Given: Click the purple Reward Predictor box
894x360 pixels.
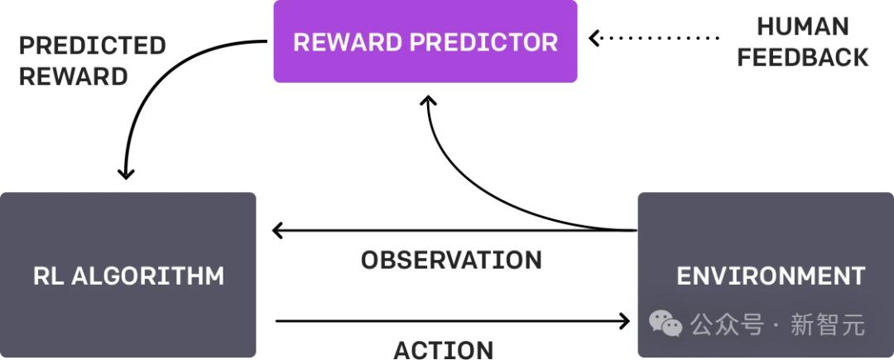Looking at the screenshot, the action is [x=425, y=41].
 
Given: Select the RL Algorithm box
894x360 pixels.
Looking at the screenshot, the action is [x=127, y=275].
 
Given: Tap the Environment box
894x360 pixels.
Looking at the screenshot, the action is [x=766, y=275].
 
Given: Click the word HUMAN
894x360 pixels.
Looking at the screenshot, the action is [x=803, y=26].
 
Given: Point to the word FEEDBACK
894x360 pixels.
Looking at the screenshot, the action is [x=803, y=58].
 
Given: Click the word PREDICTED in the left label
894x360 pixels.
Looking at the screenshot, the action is [x=93, y=46].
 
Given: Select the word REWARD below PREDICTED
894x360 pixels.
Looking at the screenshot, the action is [x=74, y=77].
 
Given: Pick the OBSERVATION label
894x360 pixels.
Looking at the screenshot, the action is [x=452, y=261].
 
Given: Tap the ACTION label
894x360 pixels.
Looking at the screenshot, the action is [x=444, y=350].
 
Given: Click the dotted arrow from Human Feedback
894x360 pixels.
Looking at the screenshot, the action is [x=654, y=38].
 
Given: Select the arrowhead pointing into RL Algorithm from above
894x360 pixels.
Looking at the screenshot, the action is [x=126, y=173].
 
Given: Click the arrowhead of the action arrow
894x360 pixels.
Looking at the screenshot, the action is [x=623, y=321].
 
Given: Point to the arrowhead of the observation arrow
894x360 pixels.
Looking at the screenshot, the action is [x=279, y=231].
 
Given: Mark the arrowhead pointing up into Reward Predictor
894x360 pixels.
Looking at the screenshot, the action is [x=428, y=101].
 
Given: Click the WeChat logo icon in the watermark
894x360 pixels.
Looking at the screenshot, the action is [x=666, y=323].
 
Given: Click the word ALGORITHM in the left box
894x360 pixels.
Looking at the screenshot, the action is [x=147, y=276].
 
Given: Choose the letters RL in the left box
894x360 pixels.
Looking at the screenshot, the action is [x=48, y=276].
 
